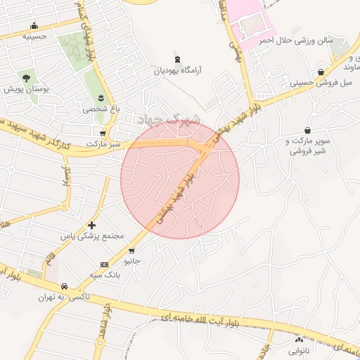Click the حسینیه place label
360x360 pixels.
tap(34, 35)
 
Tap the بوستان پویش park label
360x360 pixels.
tap(25, 89)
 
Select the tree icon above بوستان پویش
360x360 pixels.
tap(26, 77)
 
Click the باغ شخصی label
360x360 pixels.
tap(101, 109)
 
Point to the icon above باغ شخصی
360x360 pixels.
tap(101, 97)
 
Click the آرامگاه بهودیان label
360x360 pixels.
tap(178, 71)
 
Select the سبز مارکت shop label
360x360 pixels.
tap(103, 143)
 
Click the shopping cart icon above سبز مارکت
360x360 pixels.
tap(103, 132)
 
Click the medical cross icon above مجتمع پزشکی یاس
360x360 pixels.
tap(91, 225)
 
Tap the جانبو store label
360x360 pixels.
tap(132, 261)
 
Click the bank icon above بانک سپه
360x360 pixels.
tap(105, 264)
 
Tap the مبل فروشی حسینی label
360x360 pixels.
tap(320, 83)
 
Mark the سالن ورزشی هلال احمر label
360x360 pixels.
tap(295, 41)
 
